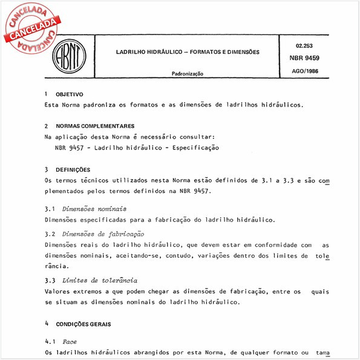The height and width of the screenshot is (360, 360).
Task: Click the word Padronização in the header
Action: (188, 74)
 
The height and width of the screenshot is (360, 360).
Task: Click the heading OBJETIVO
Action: (70, 95)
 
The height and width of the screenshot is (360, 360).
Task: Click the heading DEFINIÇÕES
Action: (73, 170)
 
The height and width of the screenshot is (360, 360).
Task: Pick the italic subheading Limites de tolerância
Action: (100, 281)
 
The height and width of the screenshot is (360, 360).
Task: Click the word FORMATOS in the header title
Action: (208, 52)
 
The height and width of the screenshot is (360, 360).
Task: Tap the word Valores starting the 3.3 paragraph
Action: (59, 292)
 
